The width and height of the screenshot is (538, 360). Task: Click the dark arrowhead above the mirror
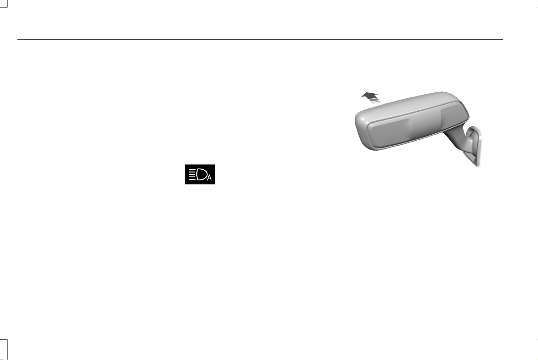[370, 95]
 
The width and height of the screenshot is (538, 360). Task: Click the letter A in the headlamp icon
[209, 178]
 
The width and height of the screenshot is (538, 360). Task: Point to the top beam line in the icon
[192, 169]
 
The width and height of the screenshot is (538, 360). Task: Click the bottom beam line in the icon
[192, 179]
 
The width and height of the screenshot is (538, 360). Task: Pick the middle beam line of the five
[192, 174]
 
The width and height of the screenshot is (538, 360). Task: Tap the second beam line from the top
[192, 172]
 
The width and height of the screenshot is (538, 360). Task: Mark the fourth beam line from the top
[192, 177]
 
